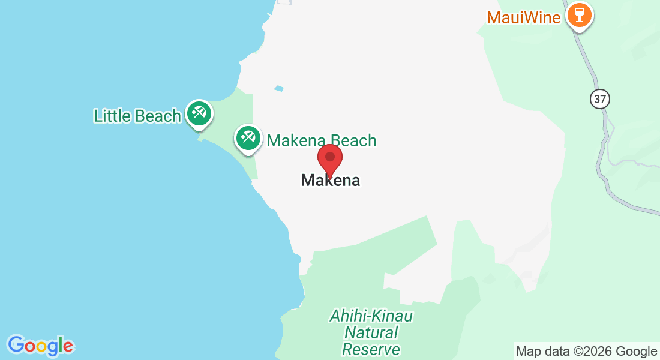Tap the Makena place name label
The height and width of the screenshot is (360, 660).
click(331, 180)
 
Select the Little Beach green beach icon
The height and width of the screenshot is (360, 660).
click(198, 113)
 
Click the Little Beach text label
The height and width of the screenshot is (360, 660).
click(137, 116)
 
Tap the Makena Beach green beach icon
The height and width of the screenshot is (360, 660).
click(247, 138)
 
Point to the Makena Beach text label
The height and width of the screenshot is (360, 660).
click(322, 141)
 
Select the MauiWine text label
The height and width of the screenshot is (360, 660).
click(524, 17)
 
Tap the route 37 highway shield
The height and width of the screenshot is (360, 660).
click(599, 98)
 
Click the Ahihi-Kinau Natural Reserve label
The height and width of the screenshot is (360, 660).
click(371, 332)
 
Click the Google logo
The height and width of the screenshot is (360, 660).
click(40, 346)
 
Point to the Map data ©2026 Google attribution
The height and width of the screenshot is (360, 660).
click(586, 352)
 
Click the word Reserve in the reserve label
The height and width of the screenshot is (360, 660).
click(371, 349)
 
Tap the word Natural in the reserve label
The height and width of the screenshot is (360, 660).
click(372, 332)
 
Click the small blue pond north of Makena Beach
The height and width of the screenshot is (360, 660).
click(278, 89)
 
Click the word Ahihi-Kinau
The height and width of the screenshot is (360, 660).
click(371, 316)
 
